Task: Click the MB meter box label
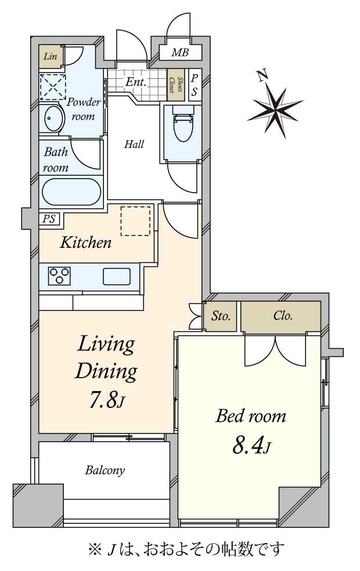pos(180,52)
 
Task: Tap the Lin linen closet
pos(51,56)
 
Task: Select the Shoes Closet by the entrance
pos(175,85)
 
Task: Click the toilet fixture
pos(183,124)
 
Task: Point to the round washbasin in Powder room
pos(52,118)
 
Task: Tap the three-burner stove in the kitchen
pos(59,276)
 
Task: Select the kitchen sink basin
pos(117,276)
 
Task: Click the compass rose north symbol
pos(275,110)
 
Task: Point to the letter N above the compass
pos(262,76)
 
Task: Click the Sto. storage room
pos(220,316)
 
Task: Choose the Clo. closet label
pos(283,315)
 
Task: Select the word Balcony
pos(105,470)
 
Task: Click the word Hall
pos(134,144)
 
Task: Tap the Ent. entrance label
pos(136,82)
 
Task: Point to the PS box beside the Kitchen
pos(49,219)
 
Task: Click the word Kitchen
pos(85,242)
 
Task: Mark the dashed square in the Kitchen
pos(135,221)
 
